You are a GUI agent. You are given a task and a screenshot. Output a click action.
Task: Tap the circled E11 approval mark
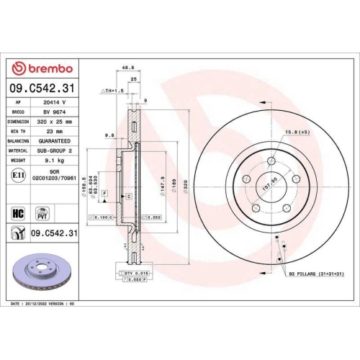pyautogui.click(x=17, y=176)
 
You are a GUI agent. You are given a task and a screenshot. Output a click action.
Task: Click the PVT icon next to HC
pyautogui.click(x=42, y=213)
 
